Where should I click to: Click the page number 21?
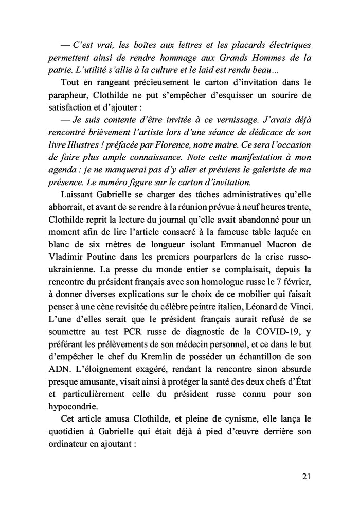coord(306,477)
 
